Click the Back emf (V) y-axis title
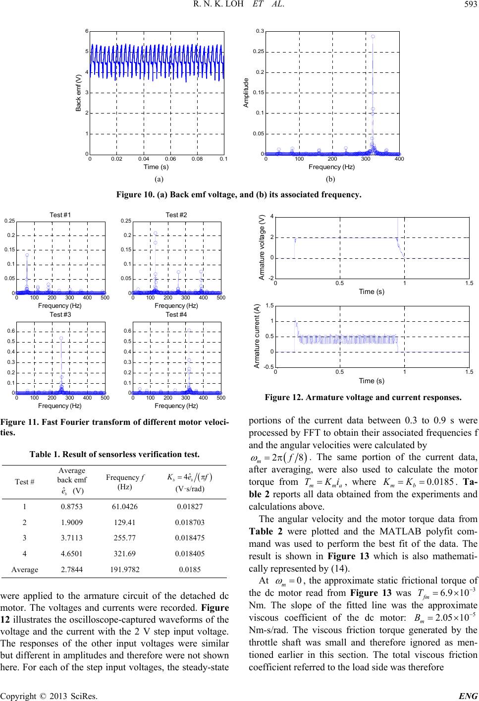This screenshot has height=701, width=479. pyautogui.click(x=78, y=92)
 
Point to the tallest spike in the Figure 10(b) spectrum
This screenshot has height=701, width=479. pyautogui.click(x=373, y=36)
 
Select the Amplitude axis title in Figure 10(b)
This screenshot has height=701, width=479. pyautogui.click(x=245, y=92)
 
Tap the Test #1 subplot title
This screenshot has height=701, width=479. pyautogui.click(x=60, y=215)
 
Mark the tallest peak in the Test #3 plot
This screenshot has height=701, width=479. pyautogui.click(x=61, y=338)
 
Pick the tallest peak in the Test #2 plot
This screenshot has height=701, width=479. pyautogui.click(x=155, y=233)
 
